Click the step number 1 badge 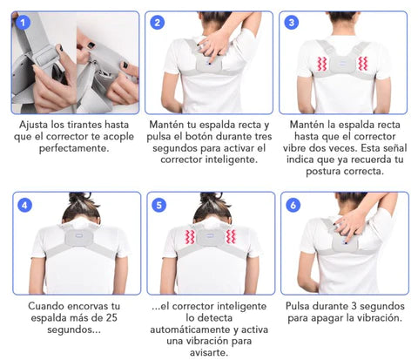pos(23,22)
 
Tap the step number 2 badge pos(158,22)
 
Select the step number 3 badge pos(292,22)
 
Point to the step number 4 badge pos(24,206)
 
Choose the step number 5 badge pos(158,206)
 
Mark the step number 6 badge pos(293,206)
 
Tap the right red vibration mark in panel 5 pos(232,237)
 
